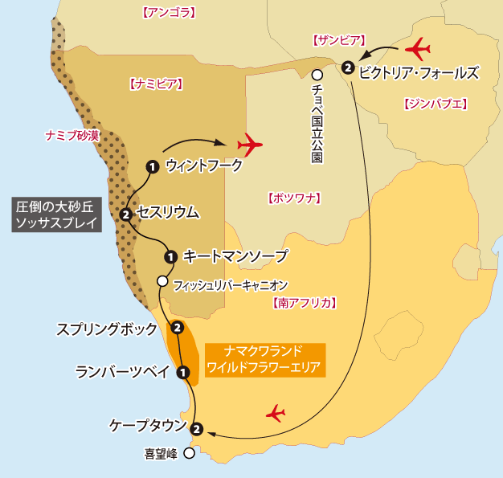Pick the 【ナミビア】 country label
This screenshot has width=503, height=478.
[x=156, y=83]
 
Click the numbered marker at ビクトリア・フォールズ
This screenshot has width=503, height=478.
[x=347, y=67]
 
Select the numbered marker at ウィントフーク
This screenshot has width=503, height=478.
[x=151, y=166]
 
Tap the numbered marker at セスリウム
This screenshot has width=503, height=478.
[x=126, y=214]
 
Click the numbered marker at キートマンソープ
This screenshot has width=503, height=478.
[x=170, y=257]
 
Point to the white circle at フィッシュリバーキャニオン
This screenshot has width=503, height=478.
[x=162, y=281]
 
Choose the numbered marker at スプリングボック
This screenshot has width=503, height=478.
[x=177, y=325]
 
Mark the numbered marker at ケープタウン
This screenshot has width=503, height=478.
[x=197, y=427]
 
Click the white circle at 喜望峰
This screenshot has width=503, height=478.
[x=189, y=453]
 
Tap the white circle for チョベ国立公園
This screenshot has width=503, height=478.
[x=317, y=76]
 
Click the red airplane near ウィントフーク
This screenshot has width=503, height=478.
[x=251, y=145]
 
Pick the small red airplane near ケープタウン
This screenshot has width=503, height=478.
[x=276, y=414]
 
